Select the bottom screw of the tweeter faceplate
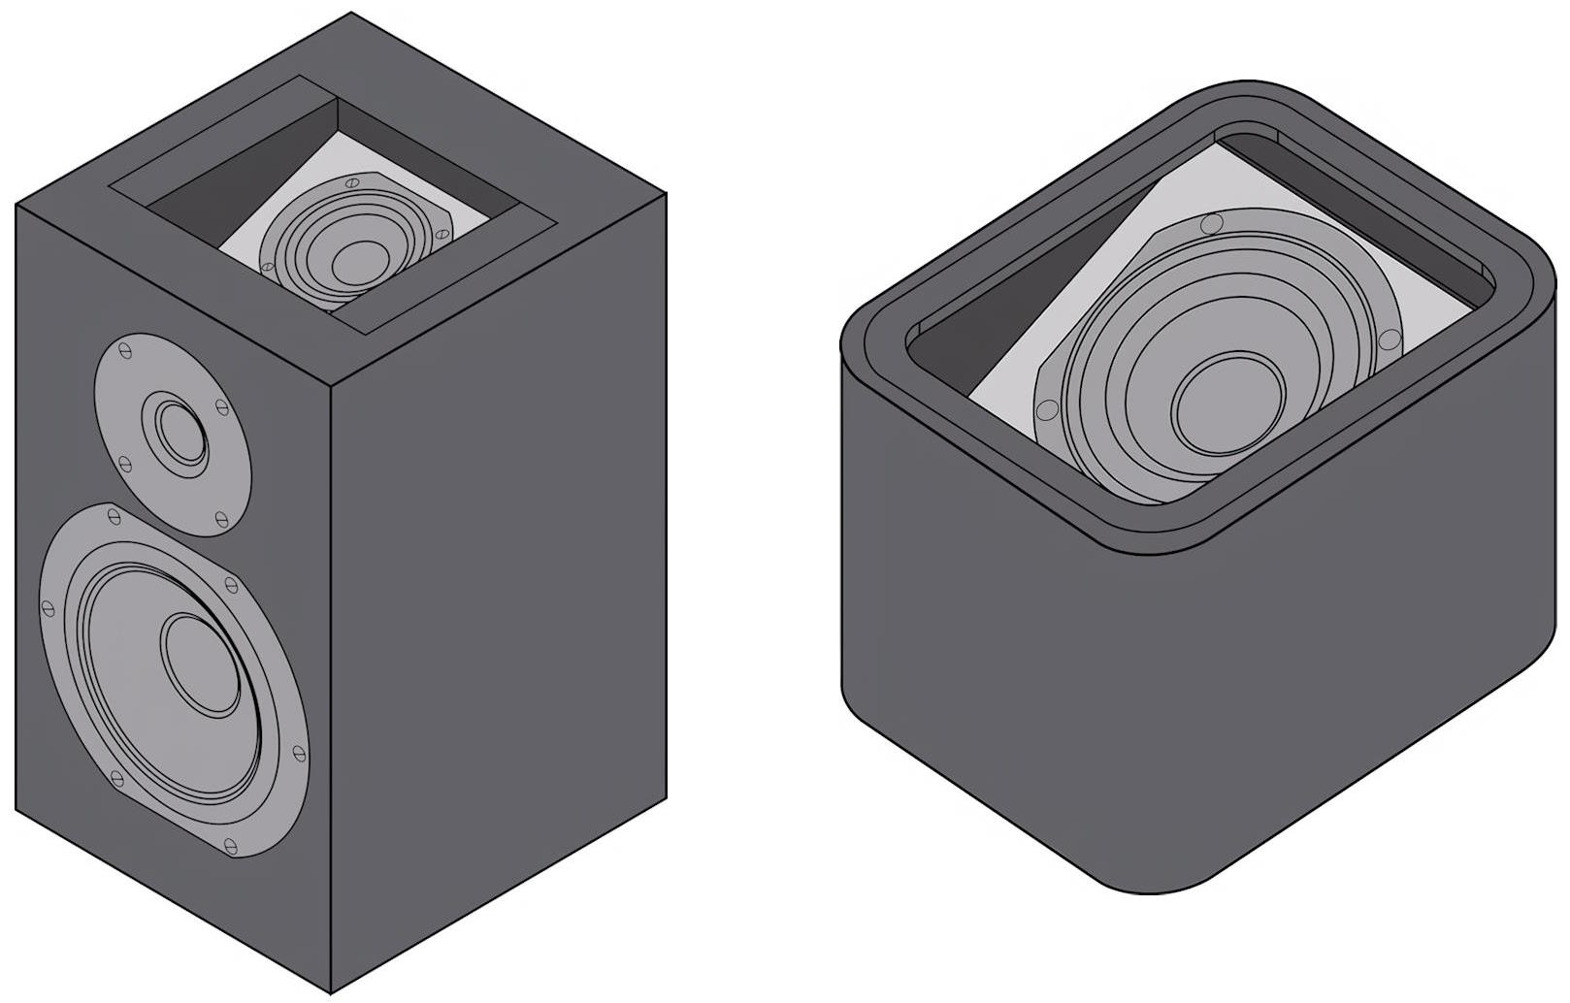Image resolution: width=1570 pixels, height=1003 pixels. coord(221,519)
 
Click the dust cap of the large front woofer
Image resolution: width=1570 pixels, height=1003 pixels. coord(201,664)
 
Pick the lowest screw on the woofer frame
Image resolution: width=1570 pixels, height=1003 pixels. coord(231,846)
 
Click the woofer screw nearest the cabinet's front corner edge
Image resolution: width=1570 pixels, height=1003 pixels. coord(299,751)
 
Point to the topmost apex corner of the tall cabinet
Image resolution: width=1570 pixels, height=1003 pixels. coord(350,14)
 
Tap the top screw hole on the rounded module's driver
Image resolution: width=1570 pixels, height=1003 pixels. coord(1211,224)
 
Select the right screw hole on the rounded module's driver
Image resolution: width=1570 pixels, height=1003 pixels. coord(1390,340)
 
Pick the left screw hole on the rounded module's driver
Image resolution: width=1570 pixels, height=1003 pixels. coord(1047,410)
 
